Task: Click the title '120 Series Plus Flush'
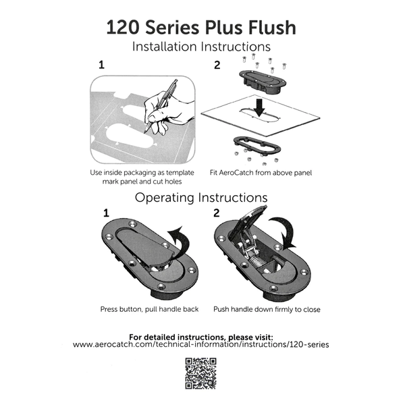(202, 28)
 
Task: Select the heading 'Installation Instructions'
(202, 47)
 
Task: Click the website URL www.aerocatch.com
(202, 344)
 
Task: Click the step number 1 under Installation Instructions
(102, 66)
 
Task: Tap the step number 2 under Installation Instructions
(217, 66)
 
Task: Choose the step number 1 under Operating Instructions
(106, 213)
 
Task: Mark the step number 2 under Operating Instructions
(217, 213)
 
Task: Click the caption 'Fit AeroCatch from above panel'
(260, 173)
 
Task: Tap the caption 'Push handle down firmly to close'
(267, 309)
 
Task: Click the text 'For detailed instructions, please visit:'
(202, 335)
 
